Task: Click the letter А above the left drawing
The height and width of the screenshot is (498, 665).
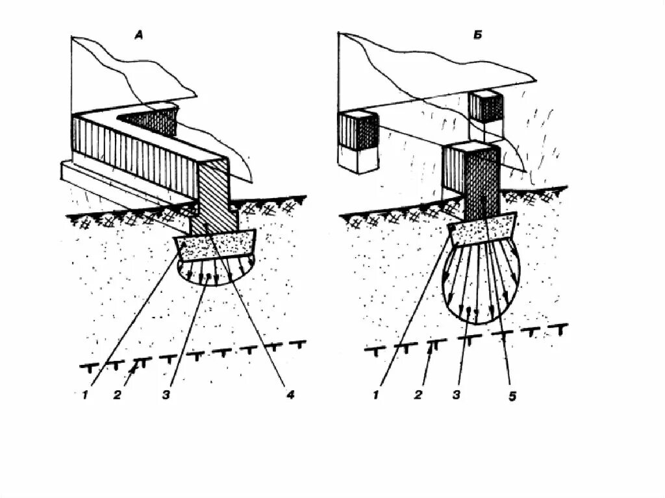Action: [138, 36]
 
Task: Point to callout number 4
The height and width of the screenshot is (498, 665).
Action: [290, 393]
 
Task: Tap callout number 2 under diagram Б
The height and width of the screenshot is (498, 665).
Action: [419, 393]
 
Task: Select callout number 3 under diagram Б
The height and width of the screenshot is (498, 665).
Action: [458, 393]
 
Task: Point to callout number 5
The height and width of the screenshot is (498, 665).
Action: [512, 395]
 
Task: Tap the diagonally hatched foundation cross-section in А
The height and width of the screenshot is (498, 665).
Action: [213, 195]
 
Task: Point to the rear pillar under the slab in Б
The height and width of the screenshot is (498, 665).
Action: [486, 107]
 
